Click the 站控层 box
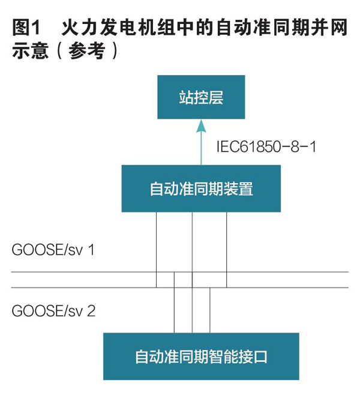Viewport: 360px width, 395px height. point(201,97)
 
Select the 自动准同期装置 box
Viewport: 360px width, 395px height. point(201,188)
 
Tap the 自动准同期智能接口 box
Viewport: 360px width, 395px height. point(201,357)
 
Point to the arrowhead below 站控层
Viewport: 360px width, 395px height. point(202,125)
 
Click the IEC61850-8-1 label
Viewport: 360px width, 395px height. point(266,146)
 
